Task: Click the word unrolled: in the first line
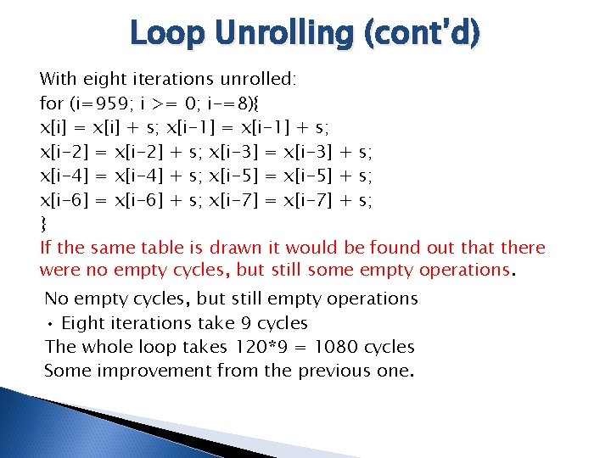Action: [259, 79]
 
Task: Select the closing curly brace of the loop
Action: [43, 224]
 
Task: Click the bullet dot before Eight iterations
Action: [51, 324]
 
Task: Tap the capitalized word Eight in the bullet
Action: [84, 323]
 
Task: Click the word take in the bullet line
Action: [216, 323]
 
